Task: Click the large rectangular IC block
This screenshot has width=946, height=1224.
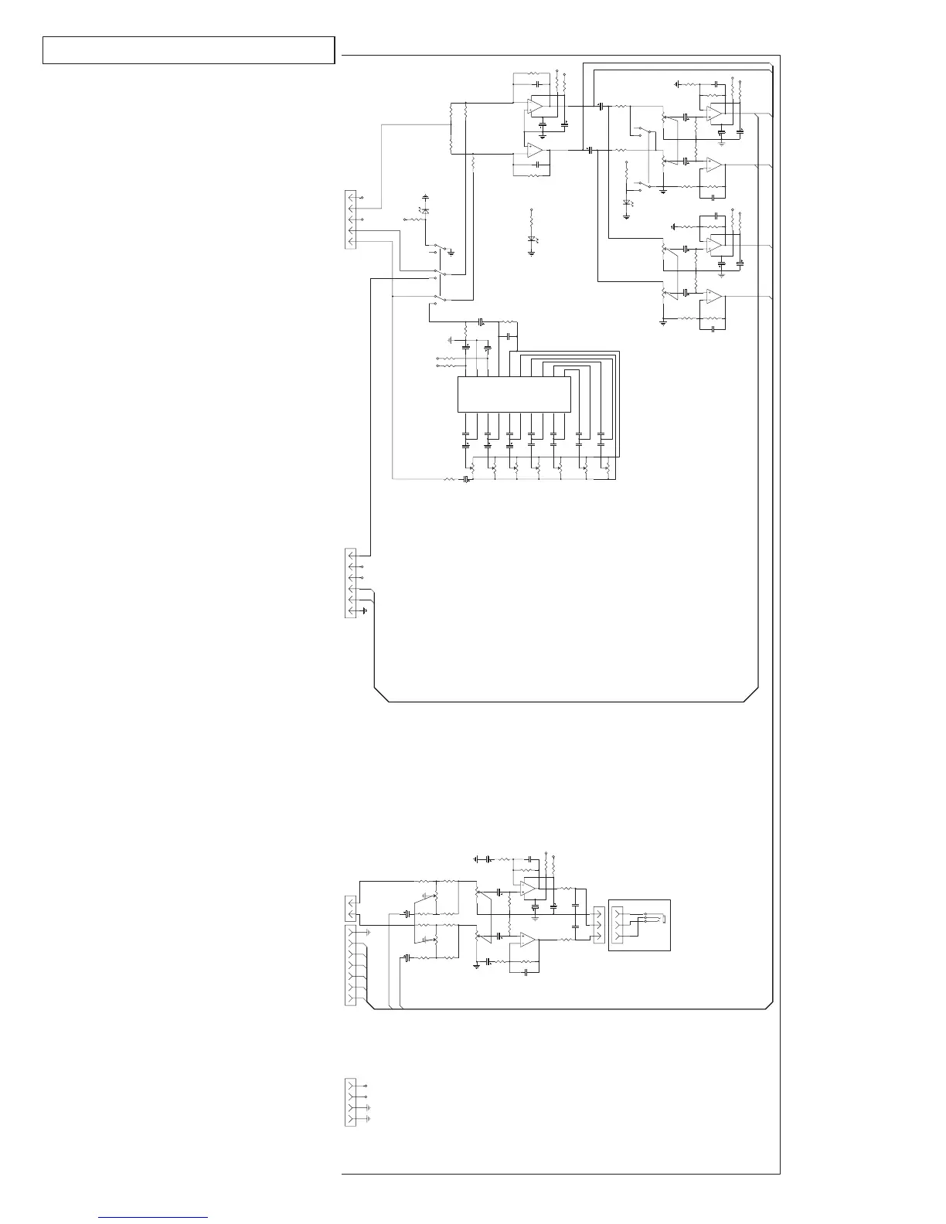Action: point(514,394)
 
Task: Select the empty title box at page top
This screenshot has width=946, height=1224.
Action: point(189,50)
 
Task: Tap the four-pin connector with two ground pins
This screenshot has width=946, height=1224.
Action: point(350,1102)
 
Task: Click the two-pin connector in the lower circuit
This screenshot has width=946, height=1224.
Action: point(352,908)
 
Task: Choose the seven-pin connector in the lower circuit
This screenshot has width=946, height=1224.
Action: point(349,966)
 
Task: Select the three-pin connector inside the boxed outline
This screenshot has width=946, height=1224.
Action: point(616,926)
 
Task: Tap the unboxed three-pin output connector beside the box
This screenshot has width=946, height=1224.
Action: point(597,924)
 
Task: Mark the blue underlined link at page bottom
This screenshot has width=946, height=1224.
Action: point(153,1217)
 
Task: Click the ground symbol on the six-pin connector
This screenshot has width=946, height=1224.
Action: point(365,611)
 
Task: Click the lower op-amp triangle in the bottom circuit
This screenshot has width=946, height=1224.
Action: point(529,940)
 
